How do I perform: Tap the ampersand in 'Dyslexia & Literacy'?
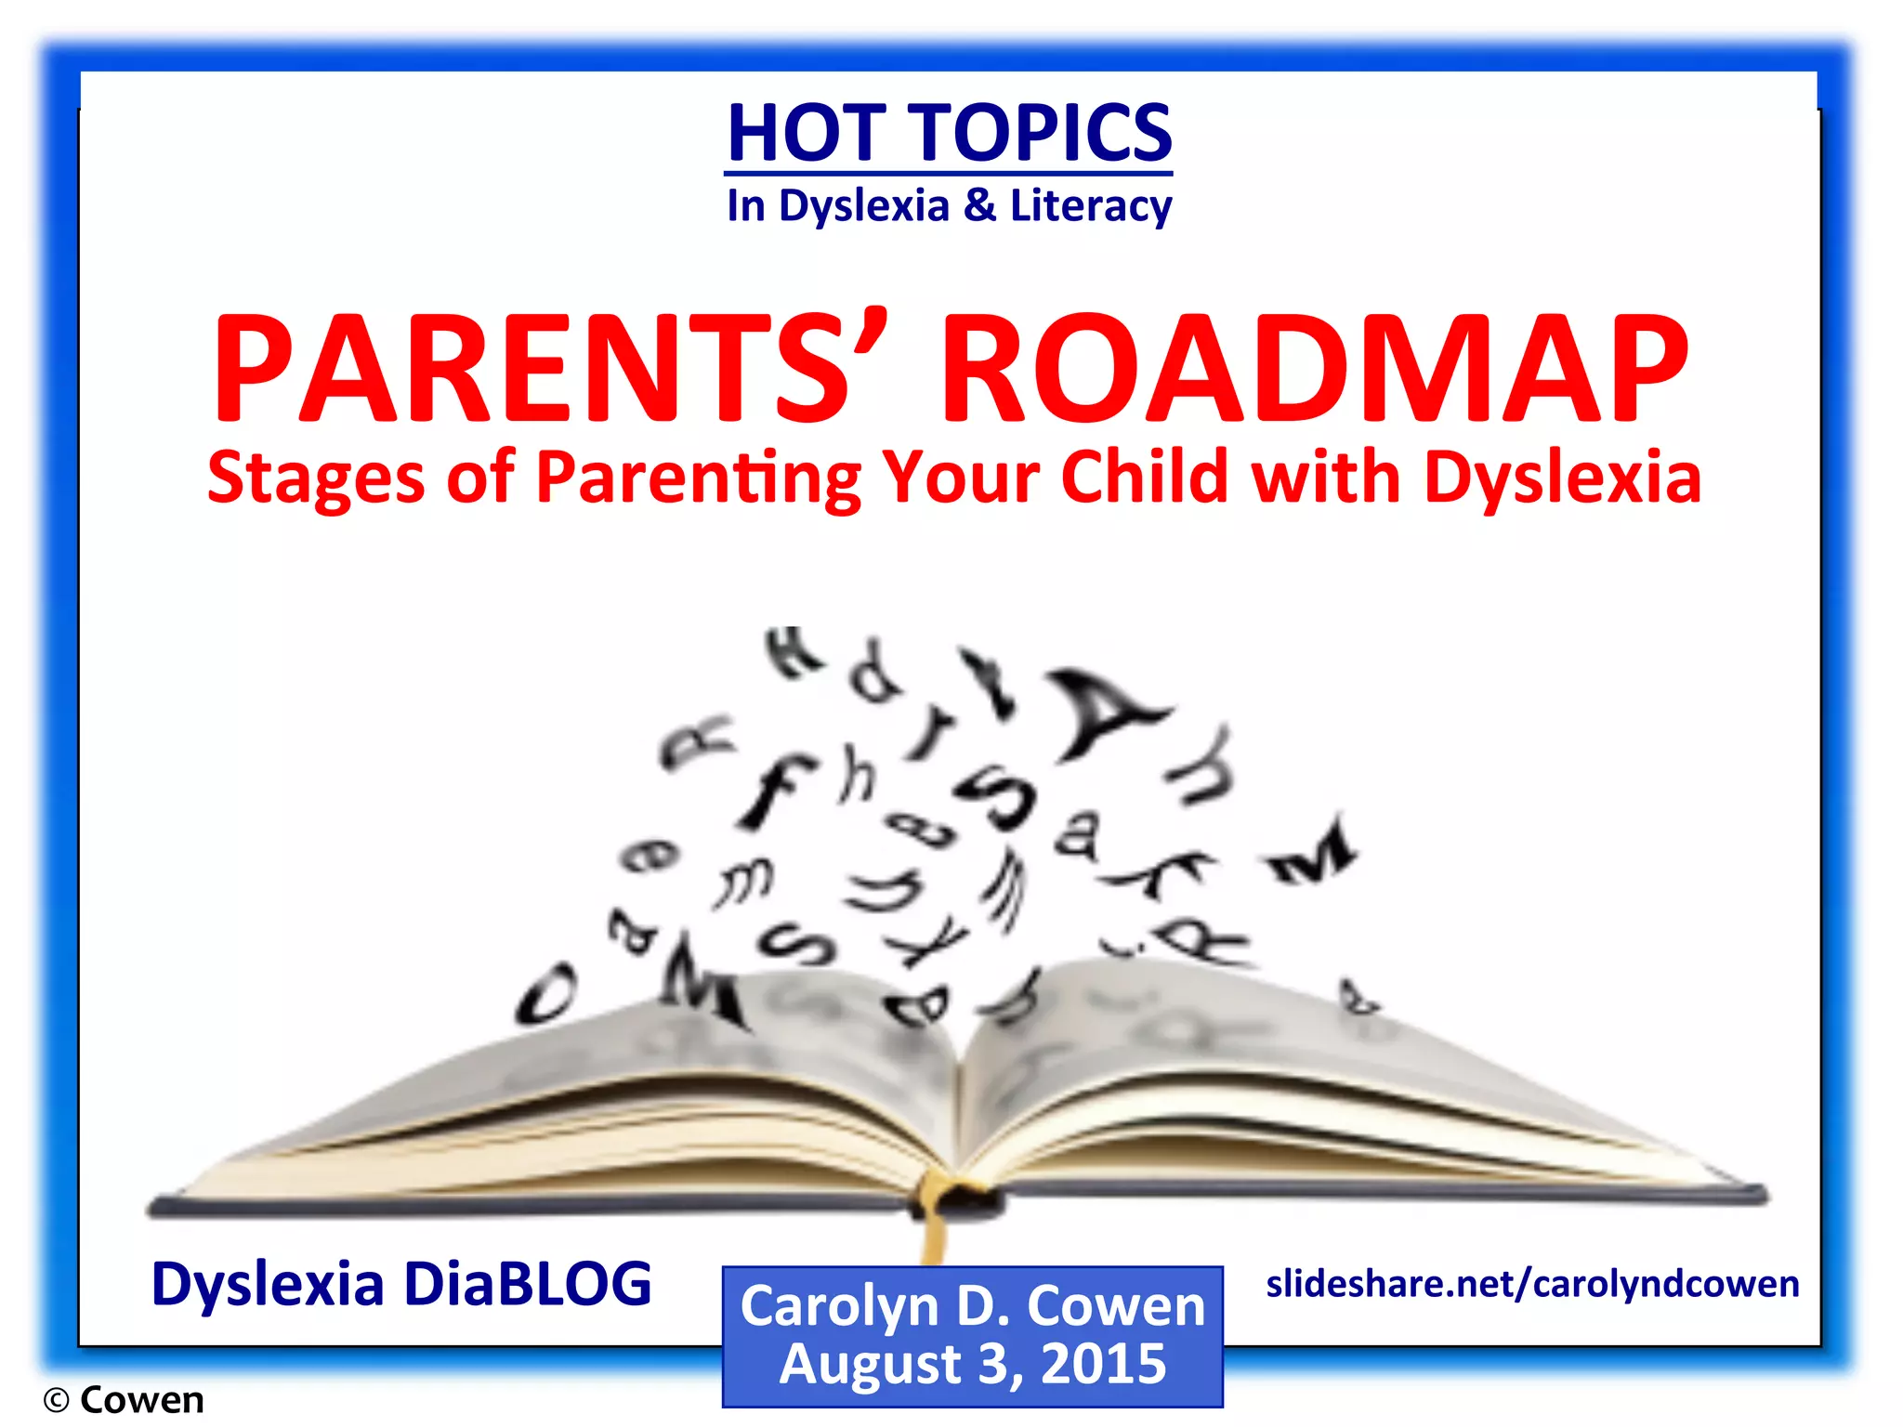click(x=979, y=204)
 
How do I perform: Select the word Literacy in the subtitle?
click(x=1090, y=206)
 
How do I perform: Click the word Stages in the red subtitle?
click(x=316, y=478)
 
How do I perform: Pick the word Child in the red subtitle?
click(x=1145, y=478)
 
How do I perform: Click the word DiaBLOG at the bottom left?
click(x=528, y=1284)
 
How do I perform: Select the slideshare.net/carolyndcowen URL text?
click(x=1532, y=1284)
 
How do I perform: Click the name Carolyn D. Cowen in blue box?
click(x=972, y=1306)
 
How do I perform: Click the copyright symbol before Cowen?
click(x=56, y=1400)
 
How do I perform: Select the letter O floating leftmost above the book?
click(x=546, y=994)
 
